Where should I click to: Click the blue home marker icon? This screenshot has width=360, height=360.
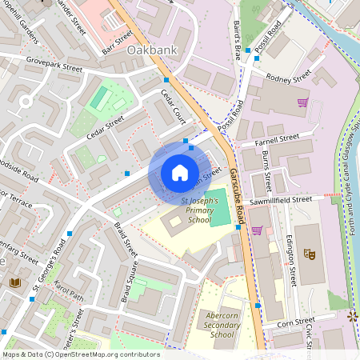[x=180, y=173]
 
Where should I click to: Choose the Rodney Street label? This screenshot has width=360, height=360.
[x=289, y=78]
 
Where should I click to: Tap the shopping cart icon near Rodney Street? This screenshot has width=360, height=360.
[x=302, y=103]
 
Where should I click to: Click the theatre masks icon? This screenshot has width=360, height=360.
[x=310, y=254]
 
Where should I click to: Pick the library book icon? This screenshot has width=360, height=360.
[x=14, y=282]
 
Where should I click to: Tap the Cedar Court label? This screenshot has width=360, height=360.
[x=173, y=106]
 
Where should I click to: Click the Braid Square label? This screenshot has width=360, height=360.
[x=127, y=283]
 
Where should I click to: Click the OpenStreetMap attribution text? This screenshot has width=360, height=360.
[x=80, y=354]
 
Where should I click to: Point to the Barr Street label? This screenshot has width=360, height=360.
[x=117, y=42]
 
